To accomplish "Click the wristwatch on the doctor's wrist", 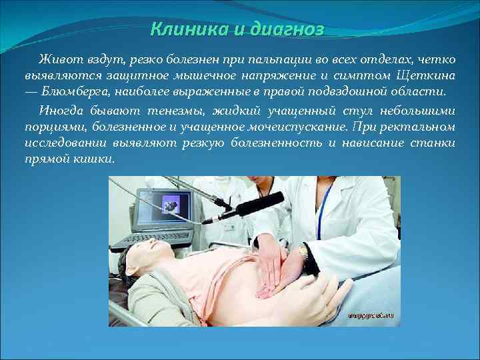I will (304, 252).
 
